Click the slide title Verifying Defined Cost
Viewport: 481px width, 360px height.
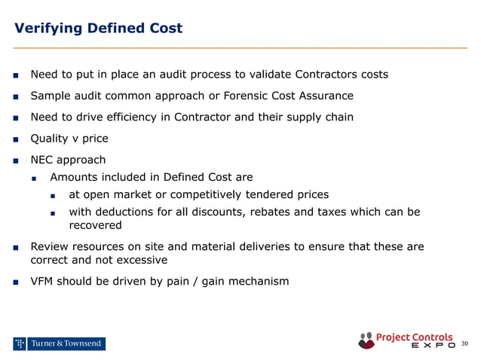[98, 29]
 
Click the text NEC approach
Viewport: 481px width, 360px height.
[68, 160]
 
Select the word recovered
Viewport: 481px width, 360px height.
[95, 225]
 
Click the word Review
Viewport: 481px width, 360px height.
[50, 246]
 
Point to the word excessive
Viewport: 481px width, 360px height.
[141, 260]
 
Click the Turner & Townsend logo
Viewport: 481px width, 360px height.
[59, 343]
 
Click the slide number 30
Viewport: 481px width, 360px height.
[464, 344]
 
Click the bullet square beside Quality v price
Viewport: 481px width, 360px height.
[15, 139]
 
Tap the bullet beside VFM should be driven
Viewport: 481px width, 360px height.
[15, 282]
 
